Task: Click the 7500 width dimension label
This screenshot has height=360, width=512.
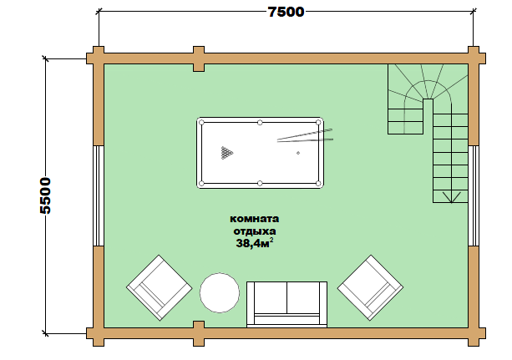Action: point(286,12)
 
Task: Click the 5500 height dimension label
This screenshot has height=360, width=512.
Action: point(46,195)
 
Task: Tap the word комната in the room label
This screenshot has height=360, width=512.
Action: point(255,219)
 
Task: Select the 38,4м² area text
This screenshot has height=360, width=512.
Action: point(255,243)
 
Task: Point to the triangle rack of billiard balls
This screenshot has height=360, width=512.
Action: point(226,153)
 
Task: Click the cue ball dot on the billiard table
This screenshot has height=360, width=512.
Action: point(298,153)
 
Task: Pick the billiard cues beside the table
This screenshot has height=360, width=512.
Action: point(305,135)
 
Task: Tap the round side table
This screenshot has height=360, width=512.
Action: point(220,292)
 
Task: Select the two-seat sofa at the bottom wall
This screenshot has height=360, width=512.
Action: point(286,304)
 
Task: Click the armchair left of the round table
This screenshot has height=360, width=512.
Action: point(160,288)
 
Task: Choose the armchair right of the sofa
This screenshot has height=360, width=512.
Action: point(370,288)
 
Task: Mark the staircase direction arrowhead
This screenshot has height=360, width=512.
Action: point(451,197)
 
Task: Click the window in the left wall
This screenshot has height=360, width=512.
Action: point(99,195)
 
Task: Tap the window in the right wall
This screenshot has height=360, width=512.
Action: point(474,195)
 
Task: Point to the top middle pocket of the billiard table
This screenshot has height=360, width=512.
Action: point(260,123)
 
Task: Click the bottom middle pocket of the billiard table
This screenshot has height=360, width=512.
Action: point(260,183)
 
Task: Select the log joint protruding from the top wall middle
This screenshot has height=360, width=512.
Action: point(199,58)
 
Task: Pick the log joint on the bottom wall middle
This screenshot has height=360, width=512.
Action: point(199,333)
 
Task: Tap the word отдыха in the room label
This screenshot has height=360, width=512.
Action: point(255,231)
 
